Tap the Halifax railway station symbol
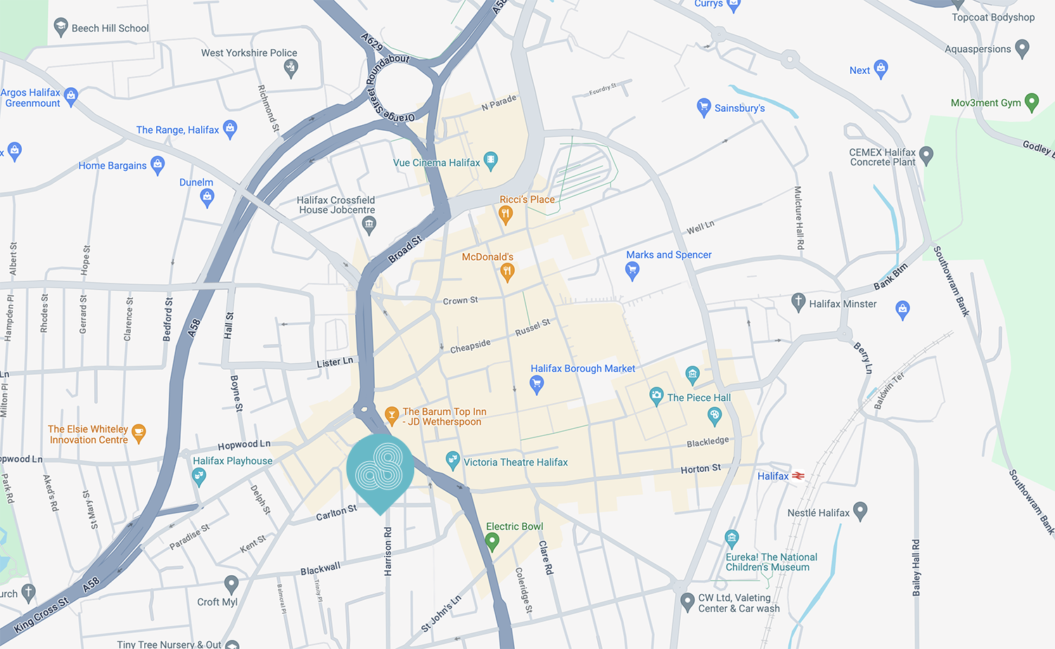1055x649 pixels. [798, 476]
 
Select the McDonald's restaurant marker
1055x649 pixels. [507, 271]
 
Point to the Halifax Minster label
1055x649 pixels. [843, 304]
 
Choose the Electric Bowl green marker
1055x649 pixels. [492, 541]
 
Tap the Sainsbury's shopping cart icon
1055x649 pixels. [703, 107]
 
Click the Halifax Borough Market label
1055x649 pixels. [582, 368]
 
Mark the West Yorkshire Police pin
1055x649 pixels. [290, 68]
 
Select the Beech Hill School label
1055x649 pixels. [110, 29]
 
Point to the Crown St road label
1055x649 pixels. [460, 301]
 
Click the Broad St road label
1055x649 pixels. [405, 250]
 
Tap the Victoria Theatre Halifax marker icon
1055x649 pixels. [453, 461]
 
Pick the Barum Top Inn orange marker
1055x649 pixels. [392, 415]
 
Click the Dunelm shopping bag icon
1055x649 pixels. [207, 198]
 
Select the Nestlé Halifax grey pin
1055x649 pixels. [859, 510]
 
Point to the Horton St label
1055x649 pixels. [701, 468]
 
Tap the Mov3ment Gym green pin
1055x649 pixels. [1032, 102]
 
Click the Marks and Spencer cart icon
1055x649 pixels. [632, 270]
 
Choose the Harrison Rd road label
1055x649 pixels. [388, 553]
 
